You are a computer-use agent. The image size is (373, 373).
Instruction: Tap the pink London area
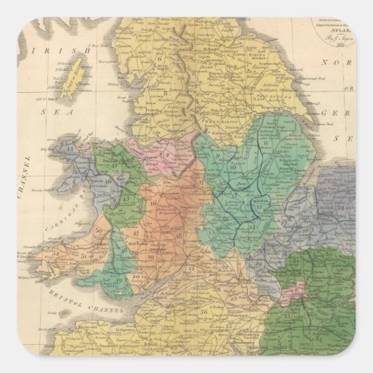click(x=299, y=290)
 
